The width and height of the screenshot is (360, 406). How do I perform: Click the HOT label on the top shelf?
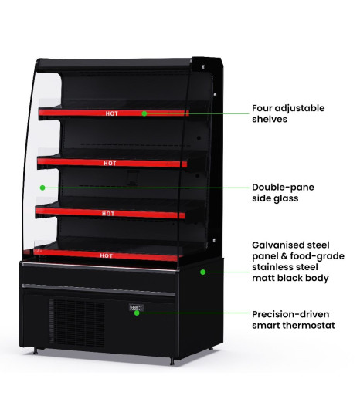pos(112,113)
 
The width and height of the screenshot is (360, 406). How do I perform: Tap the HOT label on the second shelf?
pos(110,164)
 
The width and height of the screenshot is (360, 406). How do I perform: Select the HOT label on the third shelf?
pos(108,214)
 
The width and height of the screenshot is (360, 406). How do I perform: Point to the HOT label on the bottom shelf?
pos(107,255)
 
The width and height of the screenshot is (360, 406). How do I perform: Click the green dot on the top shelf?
pos(144,113)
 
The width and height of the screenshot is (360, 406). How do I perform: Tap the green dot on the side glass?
pos(42,188)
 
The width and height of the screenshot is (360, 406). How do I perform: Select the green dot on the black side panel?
pos(203,272)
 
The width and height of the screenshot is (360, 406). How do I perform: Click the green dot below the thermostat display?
pos(137,313)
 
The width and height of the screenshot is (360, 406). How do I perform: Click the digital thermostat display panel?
pos(136,308)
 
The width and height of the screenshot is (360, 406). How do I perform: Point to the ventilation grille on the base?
pos(77,322)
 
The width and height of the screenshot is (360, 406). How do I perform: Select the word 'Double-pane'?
pos(283,188)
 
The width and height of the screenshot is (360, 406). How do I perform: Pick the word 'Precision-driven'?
pos(290,314)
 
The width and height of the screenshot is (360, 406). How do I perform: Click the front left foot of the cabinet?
pos(36,350)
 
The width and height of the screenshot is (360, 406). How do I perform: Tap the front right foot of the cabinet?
pos(172,361)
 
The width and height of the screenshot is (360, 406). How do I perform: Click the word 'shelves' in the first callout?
pos(270,119)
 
